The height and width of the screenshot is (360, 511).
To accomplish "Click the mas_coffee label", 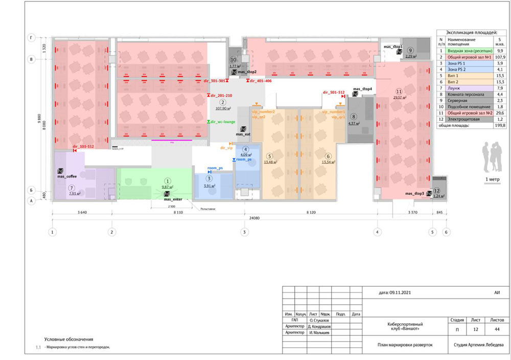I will coord(67,176).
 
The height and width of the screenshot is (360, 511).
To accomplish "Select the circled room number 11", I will coord(406,91).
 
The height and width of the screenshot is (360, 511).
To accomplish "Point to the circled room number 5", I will coord(270,156).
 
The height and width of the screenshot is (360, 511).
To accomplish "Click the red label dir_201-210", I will coord(221,96).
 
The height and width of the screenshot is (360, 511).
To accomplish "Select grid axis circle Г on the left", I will coord(32,38).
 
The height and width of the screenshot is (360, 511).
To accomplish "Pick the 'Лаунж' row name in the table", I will coord(455,87).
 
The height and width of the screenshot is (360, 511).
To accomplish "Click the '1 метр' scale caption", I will coord(493,180).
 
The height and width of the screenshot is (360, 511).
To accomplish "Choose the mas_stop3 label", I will coord(415,194).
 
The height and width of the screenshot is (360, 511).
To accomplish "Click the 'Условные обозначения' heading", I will coord(69,339).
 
